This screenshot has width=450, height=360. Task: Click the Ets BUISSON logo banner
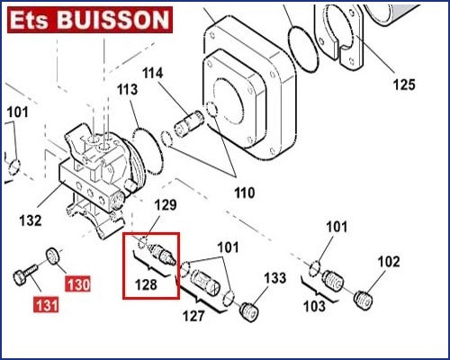point(90,20)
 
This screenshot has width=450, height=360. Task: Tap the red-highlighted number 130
point(78,284)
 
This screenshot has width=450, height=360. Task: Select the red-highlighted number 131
point(46,305)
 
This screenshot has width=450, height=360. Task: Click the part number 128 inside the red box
point(146,284)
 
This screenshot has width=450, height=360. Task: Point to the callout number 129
point(166,205)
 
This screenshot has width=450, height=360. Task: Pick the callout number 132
point(31,220)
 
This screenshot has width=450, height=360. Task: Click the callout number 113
point(127,89)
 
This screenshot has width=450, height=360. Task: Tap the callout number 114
point(153,73)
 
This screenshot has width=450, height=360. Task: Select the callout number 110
point(245,193)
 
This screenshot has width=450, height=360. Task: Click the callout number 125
point(404,85)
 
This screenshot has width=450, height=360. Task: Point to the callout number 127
point(193,316)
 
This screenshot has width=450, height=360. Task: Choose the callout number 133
point(275,278)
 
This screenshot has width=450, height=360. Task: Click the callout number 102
point(389,262)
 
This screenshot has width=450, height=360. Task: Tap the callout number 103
point(314,306)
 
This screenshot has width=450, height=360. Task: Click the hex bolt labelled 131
point(25,274)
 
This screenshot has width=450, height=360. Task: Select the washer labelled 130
point(53,256)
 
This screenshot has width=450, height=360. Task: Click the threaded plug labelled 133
point(248,312)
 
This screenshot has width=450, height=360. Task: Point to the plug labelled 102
point(364,300)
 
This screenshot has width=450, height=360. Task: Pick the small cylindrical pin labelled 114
point(189,123)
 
